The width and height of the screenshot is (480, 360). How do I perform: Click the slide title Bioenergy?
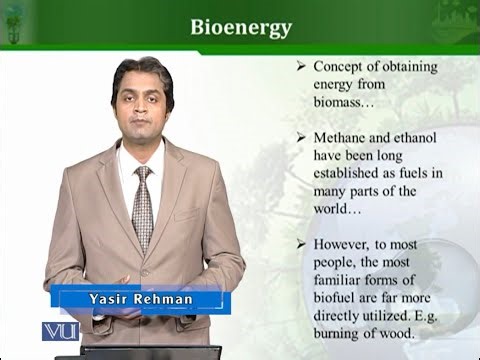(241, 26)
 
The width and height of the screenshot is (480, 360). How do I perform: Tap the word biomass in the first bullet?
(344, 102)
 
